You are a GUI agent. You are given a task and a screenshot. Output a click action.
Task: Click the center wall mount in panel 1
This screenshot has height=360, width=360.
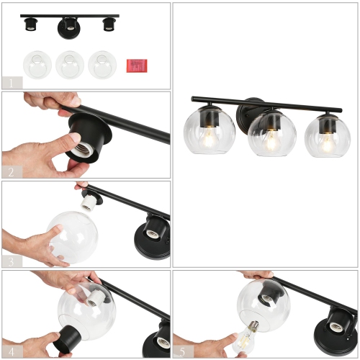click(70, 27)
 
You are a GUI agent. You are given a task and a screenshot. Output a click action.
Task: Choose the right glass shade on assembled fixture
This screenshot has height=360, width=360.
click(328, 137)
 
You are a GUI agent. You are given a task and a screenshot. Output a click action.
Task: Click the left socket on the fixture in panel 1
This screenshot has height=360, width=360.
click(32, 25)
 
